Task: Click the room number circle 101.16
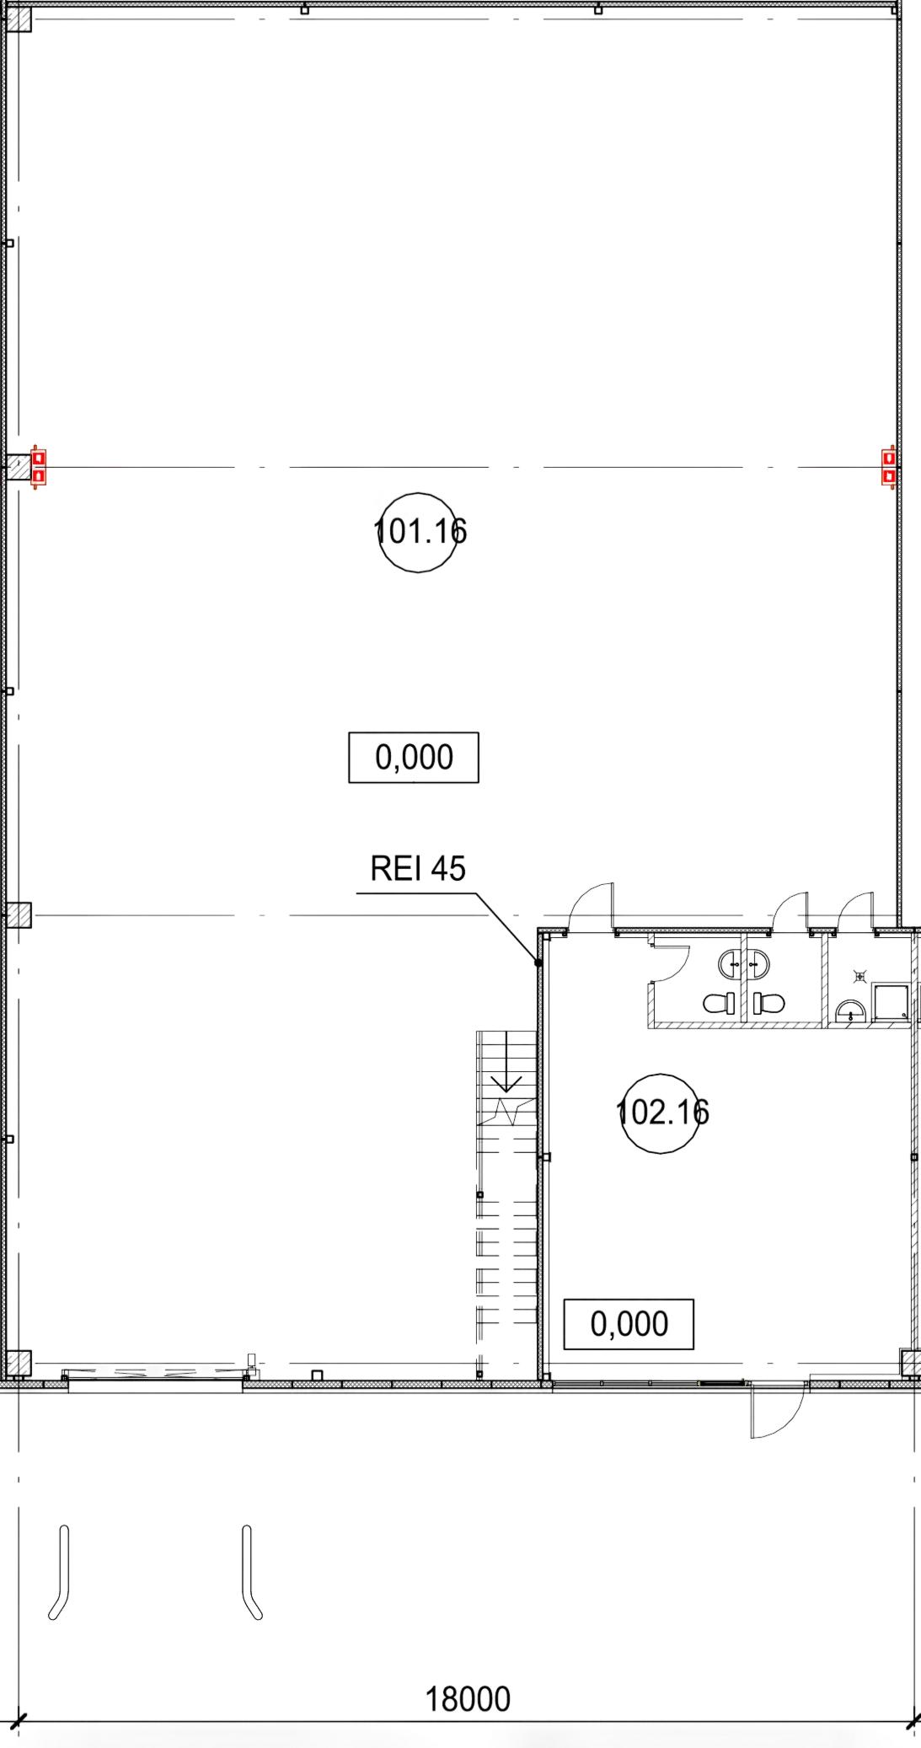[x=419, y=533]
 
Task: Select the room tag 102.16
[x=661, y=1113]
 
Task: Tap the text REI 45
[x=418, y=868]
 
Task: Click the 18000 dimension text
[x=468, y=1699]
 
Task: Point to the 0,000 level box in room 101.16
[x=414, y=758]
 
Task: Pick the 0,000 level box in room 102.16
[x=629, y=1324]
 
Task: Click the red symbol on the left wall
[x=38, y=467]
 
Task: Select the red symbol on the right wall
[x=888, y=467]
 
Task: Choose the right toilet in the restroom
[x=768, y=1003]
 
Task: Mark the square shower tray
[x=890, y=1002]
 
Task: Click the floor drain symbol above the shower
[x=859, y=977]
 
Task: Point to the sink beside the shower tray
[x=850, y=1011]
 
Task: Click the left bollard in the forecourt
[x=60, y=1572]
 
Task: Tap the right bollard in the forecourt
[x=251, y=1572]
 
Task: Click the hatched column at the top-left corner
[x=19, y=19]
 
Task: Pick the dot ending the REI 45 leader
[x=538, y=962]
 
